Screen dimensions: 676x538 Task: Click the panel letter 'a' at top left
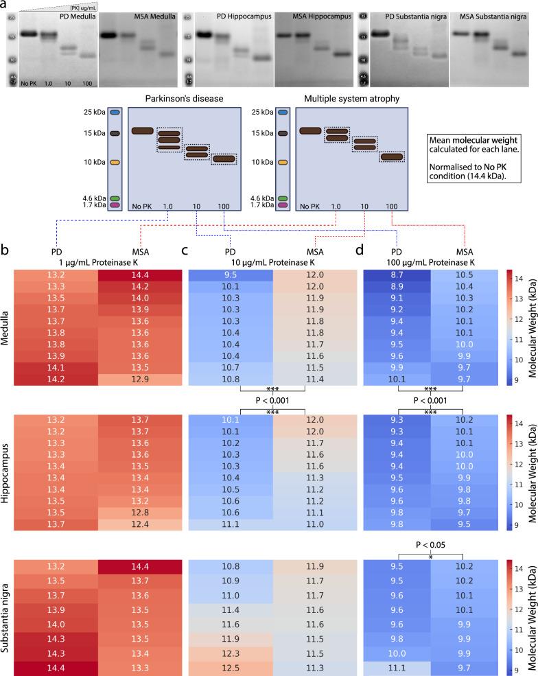[5, 5]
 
